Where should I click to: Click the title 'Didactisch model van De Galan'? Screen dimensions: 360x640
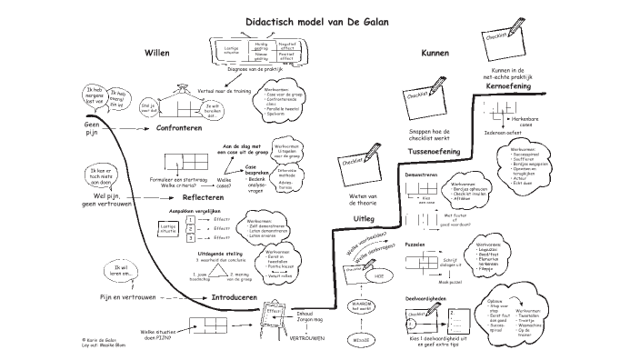(319, 18)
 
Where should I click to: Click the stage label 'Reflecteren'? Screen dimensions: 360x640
(203, 196)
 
